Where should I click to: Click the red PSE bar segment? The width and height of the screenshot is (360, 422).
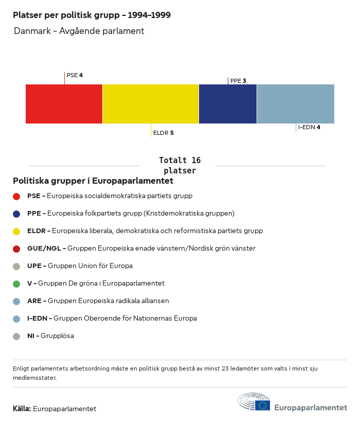64,103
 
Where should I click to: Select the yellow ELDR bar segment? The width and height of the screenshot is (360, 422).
150,103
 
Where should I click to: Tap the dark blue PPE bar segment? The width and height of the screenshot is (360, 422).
227,103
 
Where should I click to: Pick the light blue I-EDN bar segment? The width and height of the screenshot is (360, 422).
295,103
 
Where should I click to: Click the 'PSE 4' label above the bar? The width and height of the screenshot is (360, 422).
75,75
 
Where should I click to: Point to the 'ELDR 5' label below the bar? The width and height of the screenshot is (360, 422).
163,133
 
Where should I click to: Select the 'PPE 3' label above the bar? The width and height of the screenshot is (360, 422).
238,81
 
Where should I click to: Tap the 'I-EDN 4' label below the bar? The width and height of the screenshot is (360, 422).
309,127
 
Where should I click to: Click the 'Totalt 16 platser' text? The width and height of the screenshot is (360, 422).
179,165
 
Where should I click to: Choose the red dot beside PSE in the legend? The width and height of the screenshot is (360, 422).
16,196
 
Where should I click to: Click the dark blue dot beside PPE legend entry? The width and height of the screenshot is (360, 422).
16,214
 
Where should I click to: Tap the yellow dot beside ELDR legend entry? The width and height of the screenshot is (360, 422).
16,231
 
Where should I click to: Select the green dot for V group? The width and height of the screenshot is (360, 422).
16,284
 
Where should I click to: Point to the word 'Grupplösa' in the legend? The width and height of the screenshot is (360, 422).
57,336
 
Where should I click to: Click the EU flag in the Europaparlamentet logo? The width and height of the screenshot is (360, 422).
262,406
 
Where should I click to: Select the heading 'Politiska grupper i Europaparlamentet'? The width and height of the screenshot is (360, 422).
93,181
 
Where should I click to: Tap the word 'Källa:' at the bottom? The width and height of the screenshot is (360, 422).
22,409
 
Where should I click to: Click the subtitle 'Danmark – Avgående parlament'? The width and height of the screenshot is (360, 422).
79,31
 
